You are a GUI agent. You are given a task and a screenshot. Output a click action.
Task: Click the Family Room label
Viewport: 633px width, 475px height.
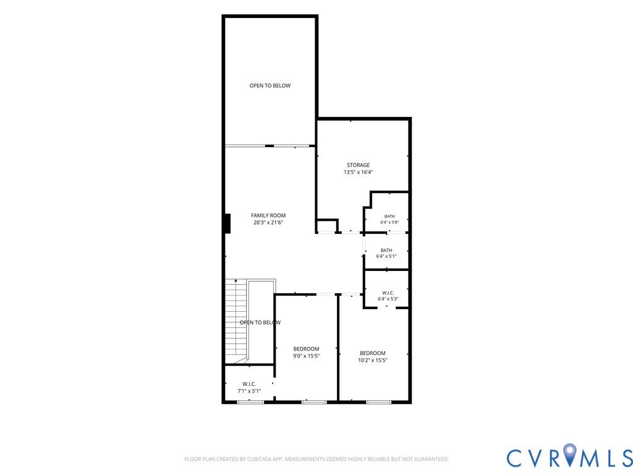click(268, 215)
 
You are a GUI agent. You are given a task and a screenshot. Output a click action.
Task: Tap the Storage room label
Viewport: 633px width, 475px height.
click(358, 165)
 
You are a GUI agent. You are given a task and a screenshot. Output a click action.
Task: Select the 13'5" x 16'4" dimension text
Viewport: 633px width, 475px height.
click(358, 172)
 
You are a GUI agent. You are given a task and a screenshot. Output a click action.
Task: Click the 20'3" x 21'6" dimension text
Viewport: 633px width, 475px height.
click(268, 223)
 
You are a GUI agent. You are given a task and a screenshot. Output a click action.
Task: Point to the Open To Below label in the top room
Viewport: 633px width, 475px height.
click(270, 85)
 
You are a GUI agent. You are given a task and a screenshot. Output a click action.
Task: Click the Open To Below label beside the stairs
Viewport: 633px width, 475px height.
click(260, 322)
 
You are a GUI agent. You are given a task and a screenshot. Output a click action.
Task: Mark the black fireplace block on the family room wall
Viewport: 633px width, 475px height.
click(227, 224)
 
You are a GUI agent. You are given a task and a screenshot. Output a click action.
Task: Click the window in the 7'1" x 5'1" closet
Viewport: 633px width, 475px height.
click(250, 402)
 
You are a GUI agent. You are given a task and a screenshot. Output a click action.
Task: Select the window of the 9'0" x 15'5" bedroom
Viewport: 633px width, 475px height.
click(313, 402)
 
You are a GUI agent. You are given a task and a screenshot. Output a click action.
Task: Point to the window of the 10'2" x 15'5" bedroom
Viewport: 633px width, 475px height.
click(379, 402)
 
